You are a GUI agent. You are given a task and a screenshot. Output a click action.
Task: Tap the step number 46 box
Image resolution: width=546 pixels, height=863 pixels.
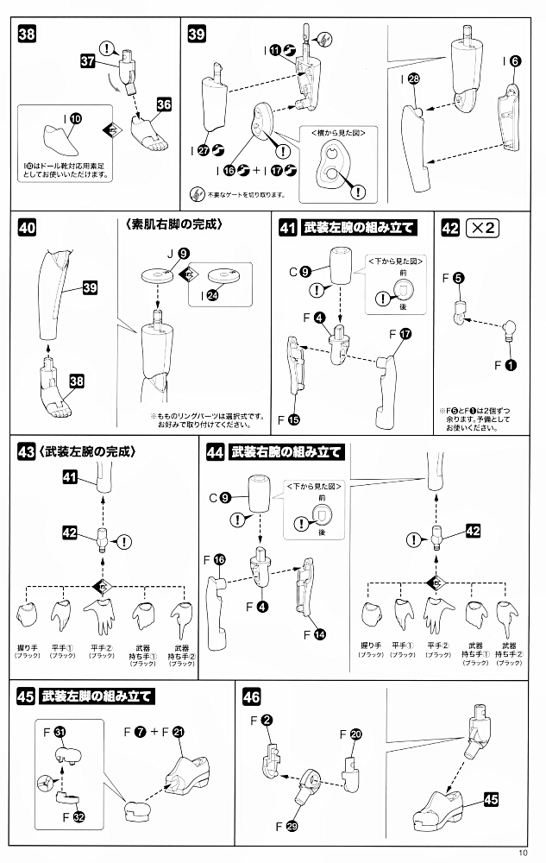pyautogui.click(x=252, y=696)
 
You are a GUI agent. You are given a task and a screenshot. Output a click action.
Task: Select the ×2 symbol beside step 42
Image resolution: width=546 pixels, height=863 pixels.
pyautogui.click(x=481, y=229)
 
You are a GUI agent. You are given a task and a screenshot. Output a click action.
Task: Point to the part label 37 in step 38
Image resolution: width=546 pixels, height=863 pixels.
pyautogui.click(x=87, y=62)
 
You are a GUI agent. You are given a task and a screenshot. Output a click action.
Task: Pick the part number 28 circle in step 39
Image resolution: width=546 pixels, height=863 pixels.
pyautogui.click(x=415, y=79)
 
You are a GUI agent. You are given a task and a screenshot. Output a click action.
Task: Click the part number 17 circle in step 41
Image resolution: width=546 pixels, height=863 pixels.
pyautogui.click(x=406, y=333)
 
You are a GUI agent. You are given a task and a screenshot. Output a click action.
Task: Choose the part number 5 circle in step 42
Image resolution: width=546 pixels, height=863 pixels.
pyautogui.click(x=459, y=278)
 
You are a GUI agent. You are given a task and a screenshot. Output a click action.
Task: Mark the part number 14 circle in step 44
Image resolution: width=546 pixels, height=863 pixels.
pyautogui.click(x=320, y=633)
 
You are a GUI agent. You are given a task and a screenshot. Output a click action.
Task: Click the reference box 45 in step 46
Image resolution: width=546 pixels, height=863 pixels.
pyautogui.click(x=491, y=799)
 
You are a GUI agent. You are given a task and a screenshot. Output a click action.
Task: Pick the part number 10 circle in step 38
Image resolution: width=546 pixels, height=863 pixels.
pyautogui.click(x=75, y=117)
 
